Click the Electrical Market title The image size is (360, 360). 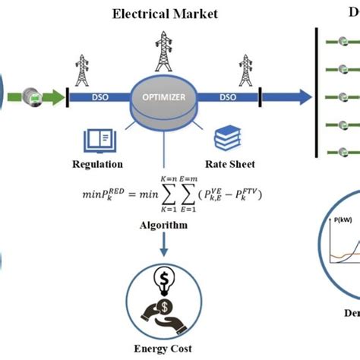tap(165, 13)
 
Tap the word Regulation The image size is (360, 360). tap(97, 164)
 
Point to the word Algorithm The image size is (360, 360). tap(165, 226)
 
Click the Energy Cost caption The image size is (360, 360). tap(165, 350)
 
